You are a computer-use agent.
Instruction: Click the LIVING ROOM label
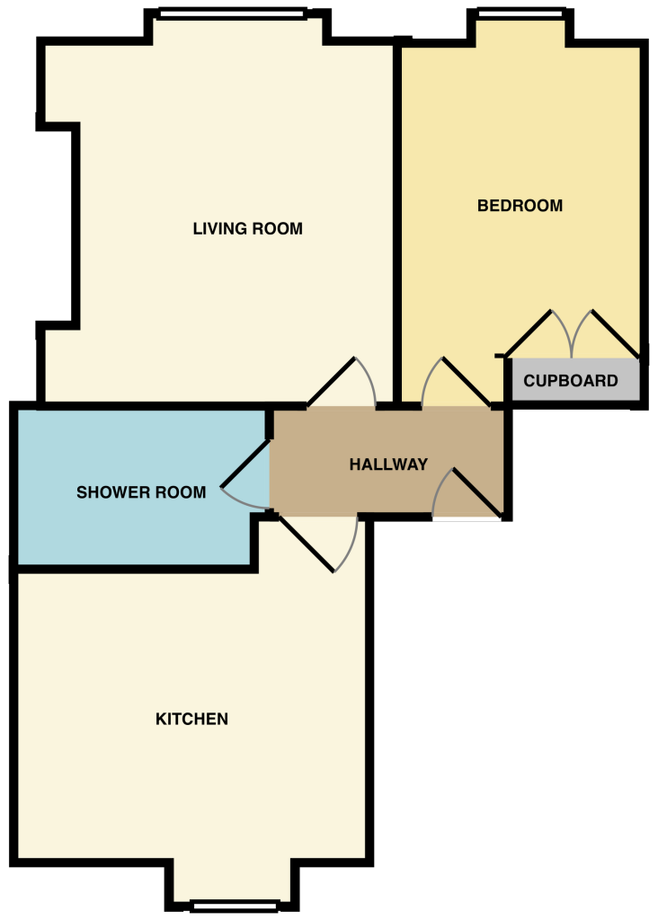(x=247, y=228)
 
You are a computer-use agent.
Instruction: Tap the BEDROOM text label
(x=520, y=206)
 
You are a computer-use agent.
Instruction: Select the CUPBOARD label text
(x=571, y=381)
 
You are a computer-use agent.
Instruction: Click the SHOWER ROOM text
(x=141, y=492)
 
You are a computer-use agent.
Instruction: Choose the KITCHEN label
(x=191, y=719)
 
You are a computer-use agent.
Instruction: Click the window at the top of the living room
(x=232, y=13)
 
